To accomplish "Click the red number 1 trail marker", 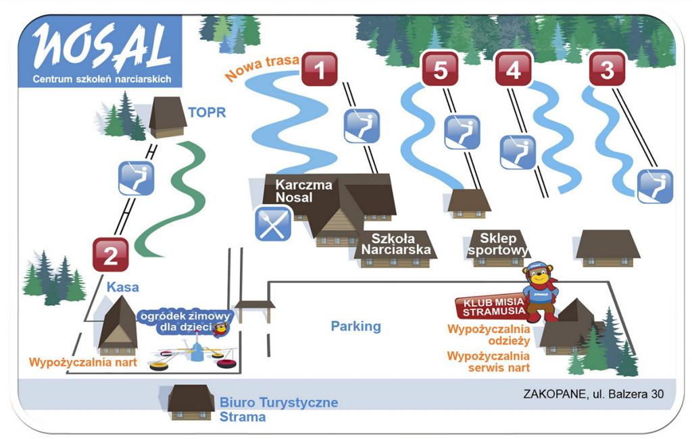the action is click(x=320, y=69).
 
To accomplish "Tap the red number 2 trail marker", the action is click(x=111, y=255).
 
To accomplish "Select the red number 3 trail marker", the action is click(x=608, y=68).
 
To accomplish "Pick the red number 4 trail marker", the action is click(x=514, y=68).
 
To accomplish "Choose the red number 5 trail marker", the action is click(x=441, y=68).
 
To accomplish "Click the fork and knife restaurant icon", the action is click(x=273, y=224).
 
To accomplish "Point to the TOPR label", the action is click(x=207, y=113).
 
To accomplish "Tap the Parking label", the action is click(x=355, y=326).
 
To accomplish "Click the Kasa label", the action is click(x=123, y=287).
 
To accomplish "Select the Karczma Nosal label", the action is click(x=303, y=190).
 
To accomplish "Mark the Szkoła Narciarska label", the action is click(x=395, y=244).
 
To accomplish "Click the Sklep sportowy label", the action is click(x=498, y=244).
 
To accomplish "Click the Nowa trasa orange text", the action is click(x=262, y=67).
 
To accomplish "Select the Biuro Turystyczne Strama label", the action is click(x=279, y=409).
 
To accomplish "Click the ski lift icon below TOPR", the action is click(x=137, y=178).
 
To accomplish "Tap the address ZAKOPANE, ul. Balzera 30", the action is click(x=593, y=394).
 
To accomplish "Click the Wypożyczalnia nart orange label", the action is click(x=83, y=363).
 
